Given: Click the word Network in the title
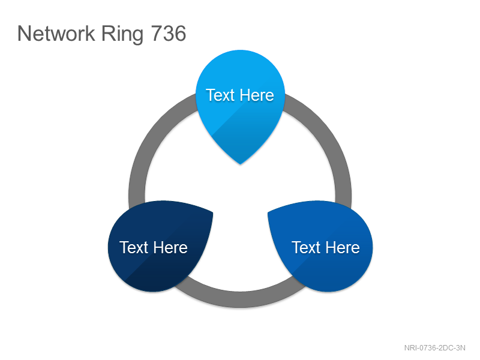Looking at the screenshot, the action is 56,34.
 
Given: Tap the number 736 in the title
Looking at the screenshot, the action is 169,34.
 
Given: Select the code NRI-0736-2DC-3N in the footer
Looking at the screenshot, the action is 434,348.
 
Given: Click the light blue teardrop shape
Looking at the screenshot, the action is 241,104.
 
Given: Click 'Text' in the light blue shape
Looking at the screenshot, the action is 220,95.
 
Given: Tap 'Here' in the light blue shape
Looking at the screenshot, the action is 257,95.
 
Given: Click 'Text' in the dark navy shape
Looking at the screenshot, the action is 134,247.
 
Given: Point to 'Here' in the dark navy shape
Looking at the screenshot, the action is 170,247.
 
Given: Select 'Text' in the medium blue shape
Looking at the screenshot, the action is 306,247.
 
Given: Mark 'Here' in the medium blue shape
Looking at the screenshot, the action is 343,247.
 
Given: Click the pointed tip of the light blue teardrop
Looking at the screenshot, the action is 241,164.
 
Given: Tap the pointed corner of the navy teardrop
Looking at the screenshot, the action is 213,212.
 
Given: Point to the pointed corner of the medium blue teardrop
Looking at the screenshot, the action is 268,212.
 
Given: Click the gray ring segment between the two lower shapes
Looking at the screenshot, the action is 241,299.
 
